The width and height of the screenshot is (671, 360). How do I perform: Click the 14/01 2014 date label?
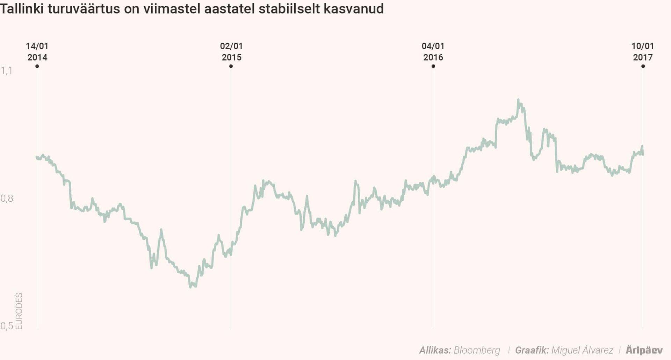coord(37,52)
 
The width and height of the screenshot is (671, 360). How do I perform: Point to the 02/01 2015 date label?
coord(231,52)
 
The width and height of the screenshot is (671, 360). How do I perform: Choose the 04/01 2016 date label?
coord(433,52)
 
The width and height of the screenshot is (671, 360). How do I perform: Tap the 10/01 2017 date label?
coord(642,52)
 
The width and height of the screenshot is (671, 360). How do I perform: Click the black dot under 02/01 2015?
coord(231,66)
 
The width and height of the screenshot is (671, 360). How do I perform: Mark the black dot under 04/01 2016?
coord(433,66)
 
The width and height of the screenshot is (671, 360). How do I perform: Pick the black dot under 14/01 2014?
coord(37,66)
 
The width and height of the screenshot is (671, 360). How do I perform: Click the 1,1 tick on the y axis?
coord(6,71)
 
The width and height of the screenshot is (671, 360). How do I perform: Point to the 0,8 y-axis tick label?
coord(7,199)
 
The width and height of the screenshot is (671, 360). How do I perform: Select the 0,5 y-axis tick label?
coord(7,326)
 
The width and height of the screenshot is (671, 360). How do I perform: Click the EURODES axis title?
coord(19,311)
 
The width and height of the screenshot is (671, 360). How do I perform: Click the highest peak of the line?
coord(518,100)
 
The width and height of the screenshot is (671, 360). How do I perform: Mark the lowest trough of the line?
coord(190,287)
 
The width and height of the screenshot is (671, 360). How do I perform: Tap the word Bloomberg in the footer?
coord(477,350)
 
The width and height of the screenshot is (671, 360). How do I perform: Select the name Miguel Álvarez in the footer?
coord(582,350)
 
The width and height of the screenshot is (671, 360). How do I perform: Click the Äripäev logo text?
coord(644,350)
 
